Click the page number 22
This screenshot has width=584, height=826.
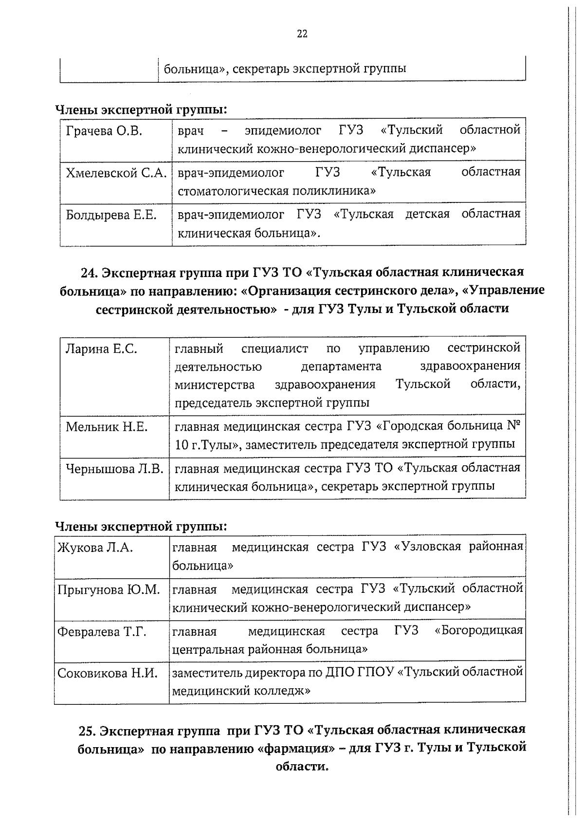(302, 34)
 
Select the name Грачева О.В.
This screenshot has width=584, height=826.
(104, 131)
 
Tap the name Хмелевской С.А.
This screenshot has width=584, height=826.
(116, 173)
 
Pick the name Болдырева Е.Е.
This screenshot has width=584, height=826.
(111, 215)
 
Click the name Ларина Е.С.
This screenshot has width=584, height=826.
(102, 349)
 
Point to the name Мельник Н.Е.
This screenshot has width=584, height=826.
(107, 427)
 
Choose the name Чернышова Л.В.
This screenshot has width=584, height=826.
(115, 469)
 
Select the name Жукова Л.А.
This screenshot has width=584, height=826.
(95, 548)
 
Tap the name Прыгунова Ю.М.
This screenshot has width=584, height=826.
(109, 589)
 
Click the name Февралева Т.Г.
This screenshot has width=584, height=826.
(102, 631)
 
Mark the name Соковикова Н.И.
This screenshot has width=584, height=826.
(108, 673)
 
